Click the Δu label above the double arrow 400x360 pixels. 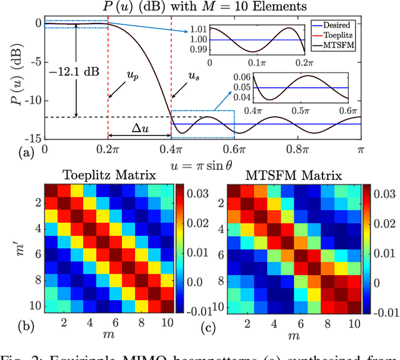click(x=139, y=126)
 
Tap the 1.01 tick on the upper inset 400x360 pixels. click(x=197, y=29)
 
